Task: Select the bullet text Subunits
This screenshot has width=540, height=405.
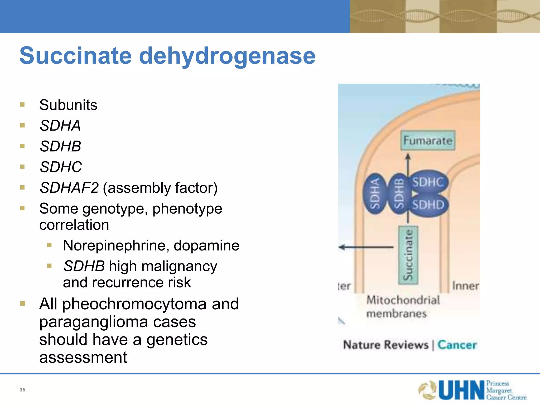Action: pos(68,105)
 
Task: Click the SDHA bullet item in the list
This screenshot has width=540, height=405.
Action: pos(60,126)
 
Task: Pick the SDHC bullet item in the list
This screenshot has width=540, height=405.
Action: pos(61,167)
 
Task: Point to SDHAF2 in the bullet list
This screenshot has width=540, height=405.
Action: pos(69,188)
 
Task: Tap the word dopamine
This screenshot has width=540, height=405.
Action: pos(206,246)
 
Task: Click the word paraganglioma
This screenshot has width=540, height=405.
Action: pos(94,322)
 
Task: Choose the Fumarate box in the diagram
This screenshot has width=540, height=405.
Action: pos(428,141)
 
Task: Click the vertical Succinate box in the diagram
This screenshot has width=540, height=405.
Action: pos(408,255)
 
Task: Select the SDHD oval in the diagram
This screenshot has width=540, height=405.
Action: pos(428,205)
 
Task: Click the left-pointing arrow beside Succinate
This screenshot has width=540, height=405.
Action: pos(366,247)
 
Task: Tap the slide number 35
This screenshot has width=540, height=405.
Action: pos(22,390)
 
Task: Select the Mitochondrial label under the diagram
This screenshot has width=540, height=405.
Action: pos(403,300)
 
